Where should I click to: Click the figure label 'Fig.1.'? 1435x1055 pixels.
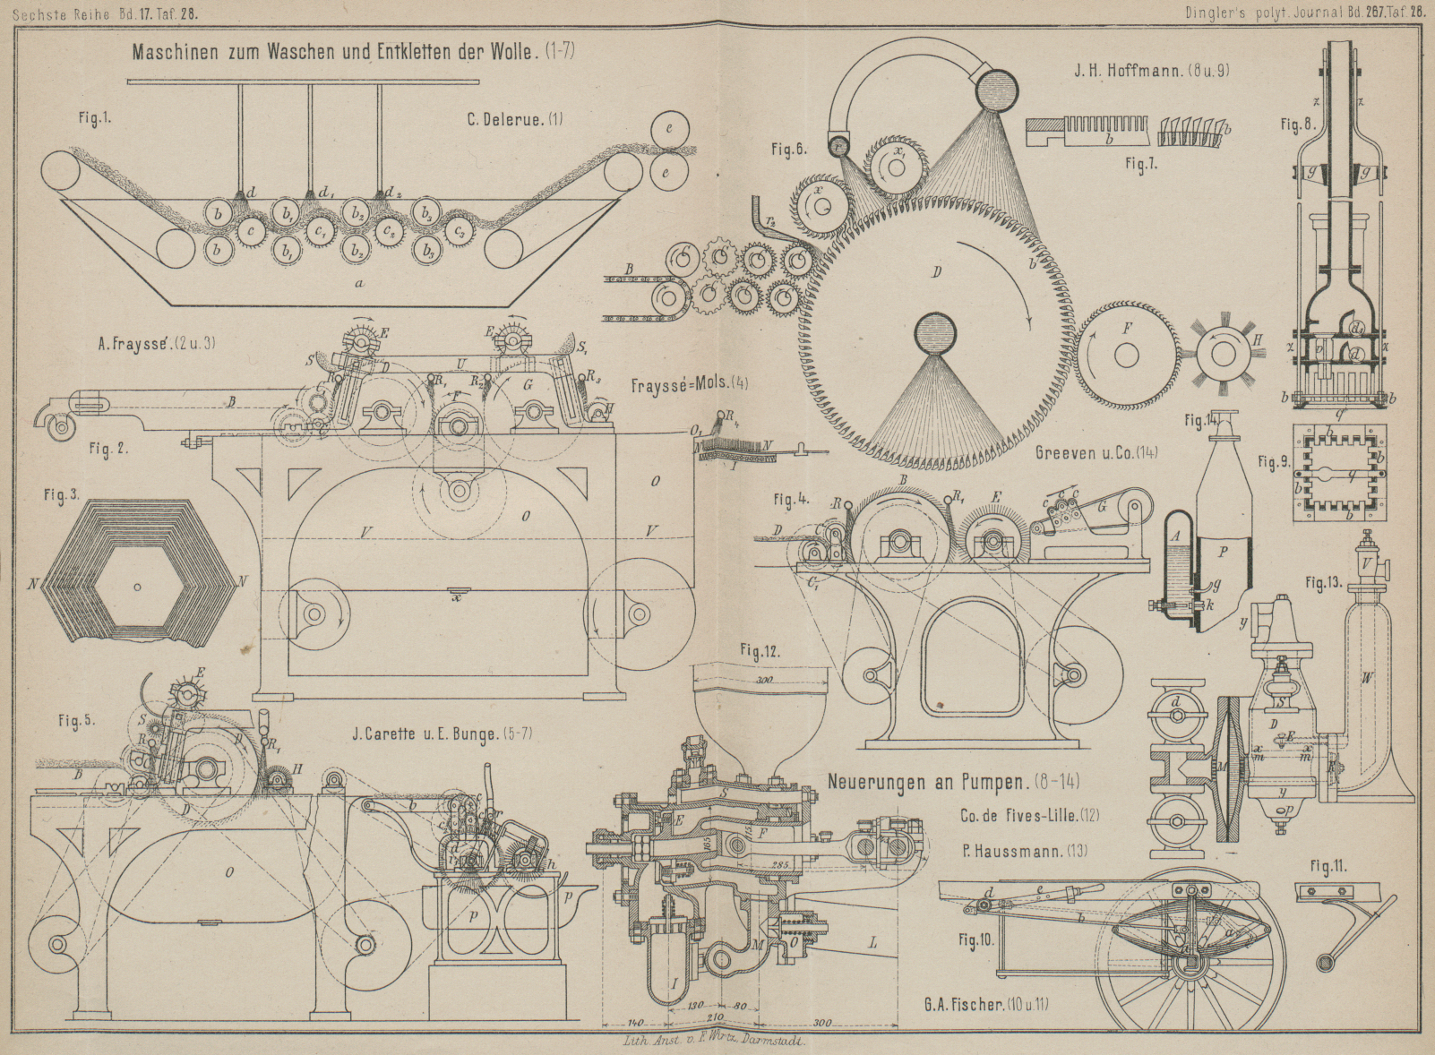tap(94, 119)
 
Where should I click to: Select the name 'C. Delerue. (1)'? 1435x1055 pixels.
tap(515, 119)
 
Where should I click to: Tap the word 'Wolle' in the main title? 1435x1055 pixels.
tap(511, 51)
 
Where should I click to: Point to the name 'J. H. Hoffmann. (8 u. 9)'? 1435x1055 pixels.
tap(1151, 70)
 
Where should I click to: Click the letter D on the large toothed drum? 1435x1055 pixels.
tap(936, 272)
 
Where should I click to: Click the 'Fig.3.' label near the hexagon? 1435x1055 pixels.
tap(62, 494)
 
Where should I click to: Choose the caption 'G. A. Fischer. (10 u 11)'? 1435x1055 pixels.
tap(986, 1003)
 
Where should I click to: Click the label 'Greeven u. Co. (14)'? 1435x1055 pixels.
tap(1096, 453)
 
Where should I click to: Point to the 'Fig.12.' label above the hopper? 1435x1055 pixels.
tap(760, 651)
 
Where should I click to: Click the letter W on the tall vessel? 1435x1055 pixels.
tap(1366, 678)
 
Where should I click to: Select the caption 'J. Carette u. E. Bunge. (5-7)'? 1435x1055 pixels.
tap(443, 734)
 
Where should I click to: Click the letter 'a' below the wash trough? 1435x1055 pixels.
tap(360, 283)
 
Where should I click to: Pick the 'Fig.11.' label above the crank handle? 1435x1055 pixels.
tap(1328, 866)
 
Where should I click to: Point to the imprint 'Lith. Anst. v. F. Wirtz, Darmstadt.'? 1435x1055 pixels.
tap(717, 1042)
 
